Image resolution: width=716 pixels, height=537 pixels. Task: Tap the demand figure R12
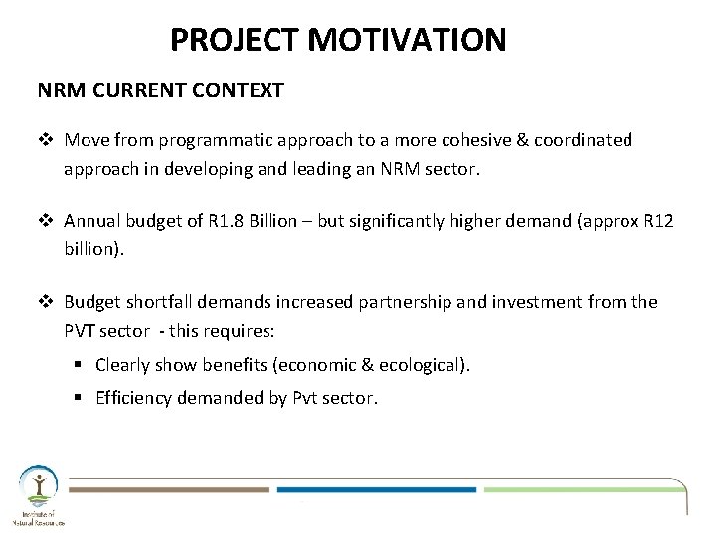657,221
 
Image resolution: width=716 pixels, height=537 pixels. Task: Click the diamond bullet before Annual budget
45,221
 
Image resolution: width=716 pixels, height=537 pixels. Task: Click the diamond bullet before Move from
45,140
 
